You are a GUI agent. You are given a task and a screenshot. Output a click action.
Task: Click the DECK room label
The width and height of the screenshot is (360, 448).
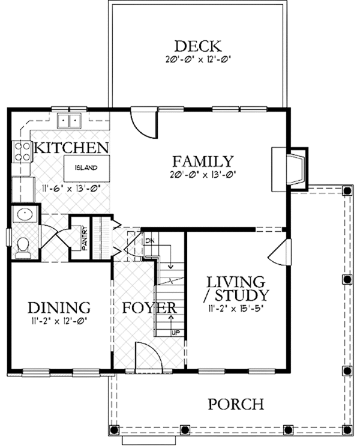point(197,46)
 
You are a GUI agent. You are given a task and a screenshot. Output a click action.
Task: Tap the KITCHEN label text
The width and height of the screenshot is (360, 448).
point(71,148)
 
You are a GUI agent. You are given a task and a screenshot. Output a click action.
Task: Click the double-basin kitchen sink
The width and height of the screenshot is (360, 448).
point(69,121)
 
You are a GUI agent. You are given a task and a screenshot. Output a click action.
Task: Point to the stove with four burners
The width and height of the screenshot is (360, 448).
point(23,151)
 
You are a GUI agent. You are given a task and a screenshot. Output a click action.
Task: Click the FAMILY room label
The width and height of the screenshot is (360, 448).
point(202,161)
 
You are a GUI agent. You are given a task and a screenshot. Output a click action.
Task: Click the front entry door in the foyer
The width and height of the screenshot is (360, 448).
point(148,356)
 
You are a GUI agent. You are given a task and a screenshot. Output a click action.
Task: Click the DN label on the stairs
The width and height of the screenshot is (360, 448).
point(149,240)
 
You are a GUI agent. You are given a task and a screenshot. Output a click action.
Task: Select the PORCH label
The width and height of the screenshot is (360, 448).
point(235,404)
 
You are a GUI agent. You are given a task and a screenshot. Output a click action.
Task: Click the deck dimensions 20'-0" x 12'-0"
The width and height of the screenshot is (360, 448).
point(198,60)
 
